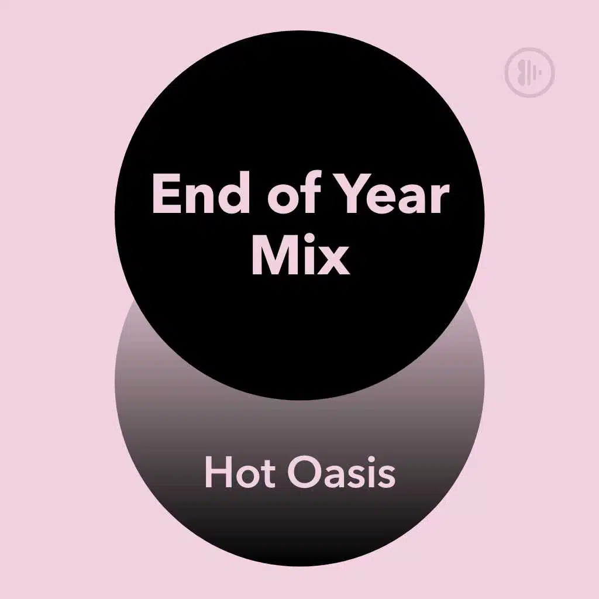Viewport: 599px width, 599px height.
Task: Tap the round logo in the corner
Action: [529, 73]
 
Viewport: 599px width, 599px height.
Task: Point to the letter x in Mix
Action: [333, 260]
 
